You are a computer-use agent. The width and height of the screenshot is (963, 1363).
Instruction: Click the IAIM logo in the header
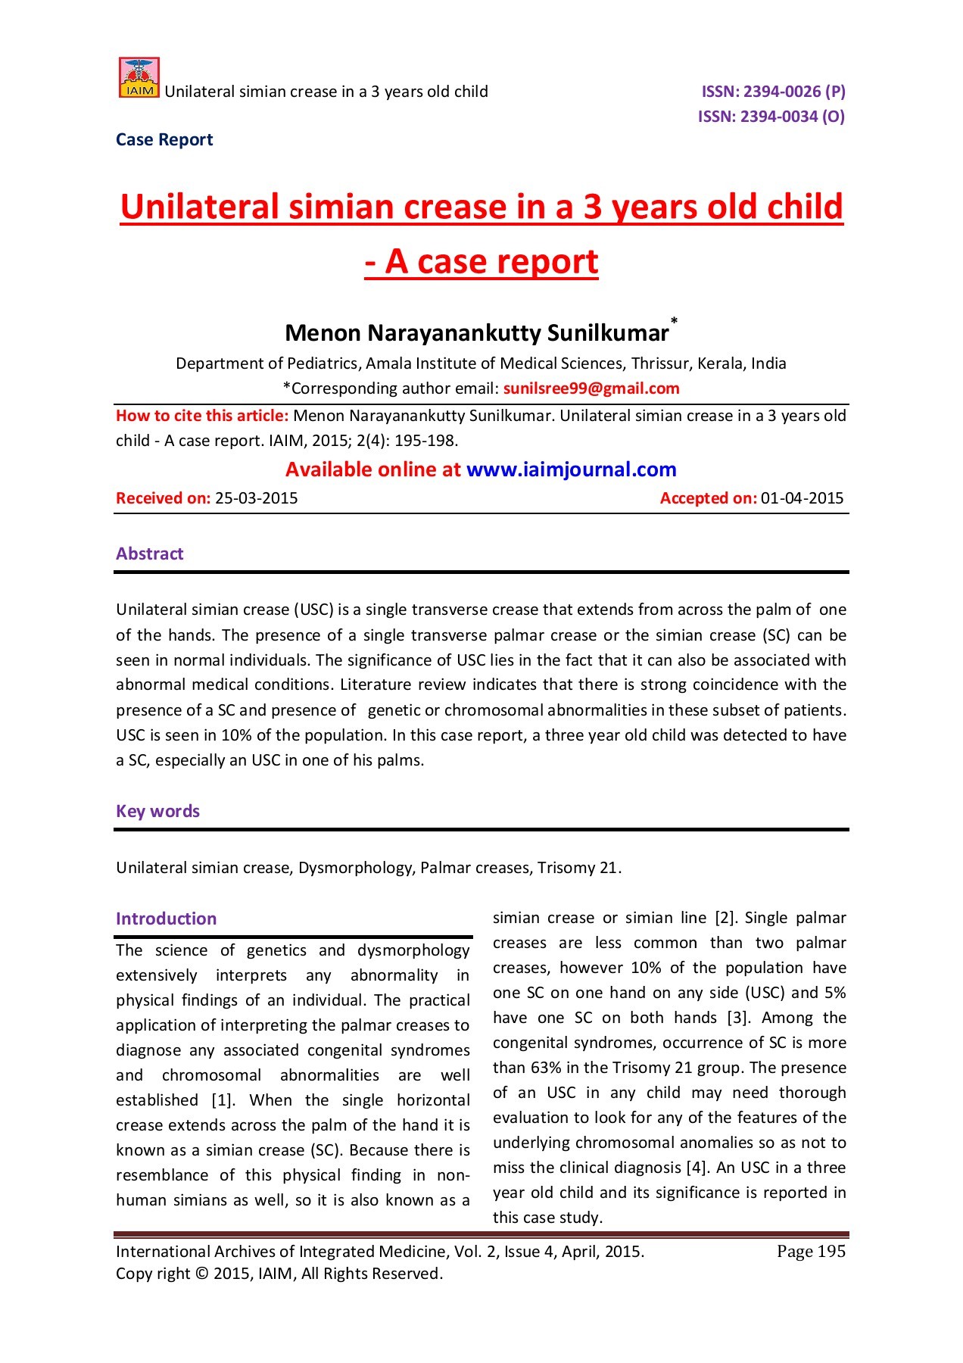[x=139, y=78]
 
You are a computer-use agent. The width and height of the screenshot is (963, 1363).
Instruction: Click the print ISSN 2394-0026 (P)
[x=773, y=92]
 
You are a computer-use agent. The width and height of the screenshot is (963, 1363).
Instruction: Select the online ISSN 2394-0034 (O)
[x=771, y=117]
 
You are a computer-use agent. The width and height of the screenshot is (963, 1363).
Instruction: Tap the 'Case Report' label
[x=164, y=140]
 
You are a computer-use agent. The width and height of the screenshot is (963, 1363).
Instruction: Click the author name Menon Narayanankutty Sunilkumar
[x=477, y=333]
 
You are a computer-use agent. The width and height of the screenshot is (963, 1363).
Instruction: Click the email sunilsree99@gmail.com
[x=591, y=388]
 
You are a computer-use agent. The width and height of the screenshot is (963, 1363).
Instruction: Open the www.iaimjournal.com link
[x=572, y=469]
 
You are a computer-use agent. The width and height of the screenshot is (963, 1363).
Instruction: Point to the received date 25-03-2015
[x=257, y=498]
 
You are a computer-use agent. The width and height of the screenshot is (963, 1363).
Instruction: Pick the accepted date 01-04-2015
[x=802, y=498]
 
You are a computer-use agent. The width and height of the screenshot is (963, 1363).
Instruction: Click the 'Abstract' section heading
[x=149, y=554]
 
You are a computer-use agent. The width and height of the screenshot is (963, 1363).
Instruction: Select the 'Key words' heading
[x=157, y=811]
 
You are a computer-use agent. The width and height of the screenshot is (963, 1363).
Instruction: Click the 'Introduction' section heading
[x=166, y=919]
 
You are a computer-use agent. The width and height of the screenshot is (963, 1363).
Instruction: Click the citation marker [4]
[x=697, y=1168]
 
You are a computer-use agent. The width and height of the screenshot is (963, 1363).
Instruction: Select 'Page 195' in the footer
[x=811, y=1252]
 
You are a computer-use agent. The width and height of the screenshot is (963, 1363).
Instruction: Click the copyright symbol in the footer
[x=201, y=1274]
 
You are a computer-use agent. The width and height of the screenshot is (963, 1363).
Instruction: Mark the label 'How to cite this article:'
[x=202, y=416]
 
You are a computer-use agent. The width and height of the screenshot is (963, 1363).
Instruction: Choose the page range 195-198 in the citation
[x=425, y=441]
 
